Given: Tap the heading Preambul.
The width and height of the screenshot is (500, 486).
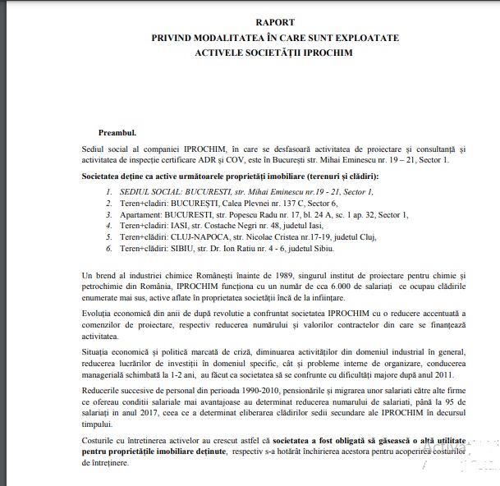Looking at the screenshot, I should tap(117, 131).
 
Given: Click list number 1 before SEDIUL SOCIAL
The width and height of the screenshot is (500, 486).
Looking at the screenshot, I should tap(108, 190).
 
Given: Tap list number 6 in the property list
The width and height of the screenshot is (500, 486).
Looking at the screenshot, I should tap(108, 249).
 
